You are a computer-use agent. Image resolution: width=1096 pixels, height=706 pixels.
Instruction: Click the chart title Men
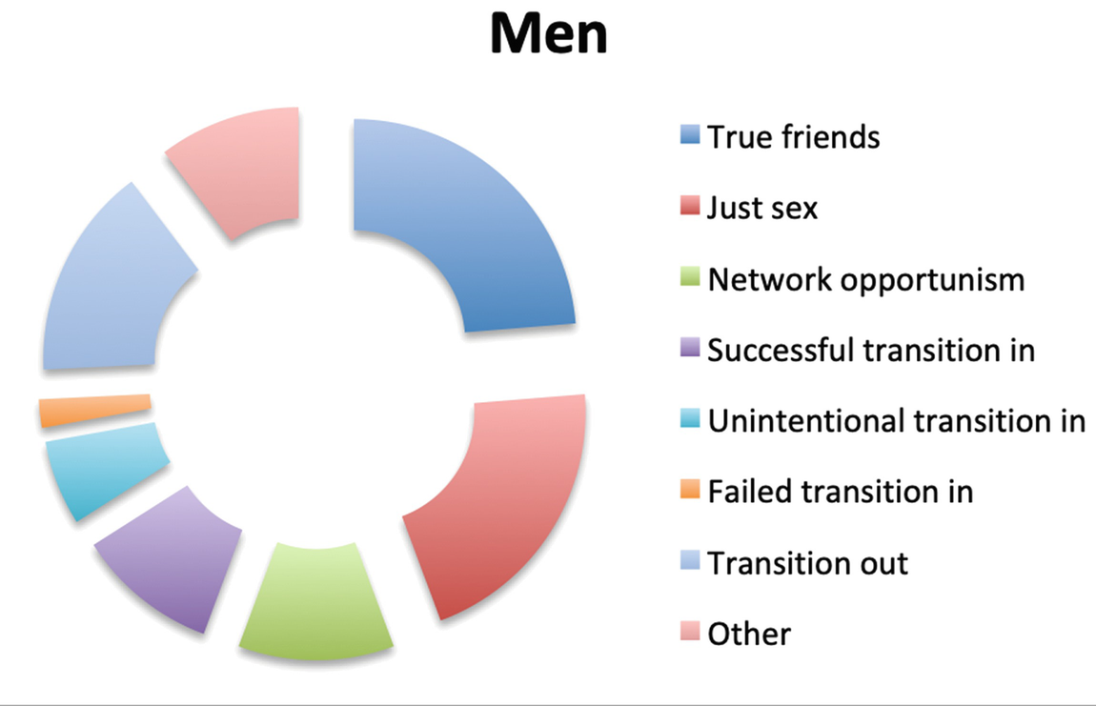[547, 36]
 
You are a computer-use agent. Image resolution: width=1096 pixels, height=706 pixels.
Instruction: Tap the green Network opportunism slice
[315, 600]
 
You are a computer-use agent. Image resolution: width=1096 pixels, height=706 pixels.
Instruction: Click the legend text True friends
[793, 137]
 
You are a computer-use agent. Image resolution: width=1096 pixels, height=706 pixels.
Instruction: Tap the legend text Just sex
[761, 208]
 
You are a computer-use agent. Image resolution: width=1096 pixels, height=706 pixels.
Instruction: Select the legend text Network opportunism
[865, 279]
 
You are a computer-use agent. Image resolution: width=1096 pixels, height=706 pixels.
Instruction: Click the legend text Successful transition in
[870, 350]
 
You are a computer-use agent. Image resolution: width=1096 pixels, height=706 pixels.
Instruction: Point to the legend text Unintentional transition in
[896, 420]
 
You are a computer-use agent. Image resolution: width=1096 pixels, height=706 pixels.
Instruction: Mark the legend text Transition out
[807, 562]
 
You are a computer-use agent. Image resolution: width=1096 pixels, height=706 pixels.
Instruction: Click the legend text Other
[749, 633]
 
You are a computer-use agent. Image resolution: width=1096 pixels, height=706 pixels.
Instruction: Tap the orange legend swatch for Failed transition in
[692, 491]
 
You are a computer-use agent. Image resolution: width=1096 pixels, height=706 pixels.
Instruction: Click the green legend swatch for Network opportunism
[692, 278]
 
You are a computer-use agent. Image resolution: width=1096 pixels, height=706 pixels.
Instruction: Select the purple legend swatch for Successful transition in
[692, 350]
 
